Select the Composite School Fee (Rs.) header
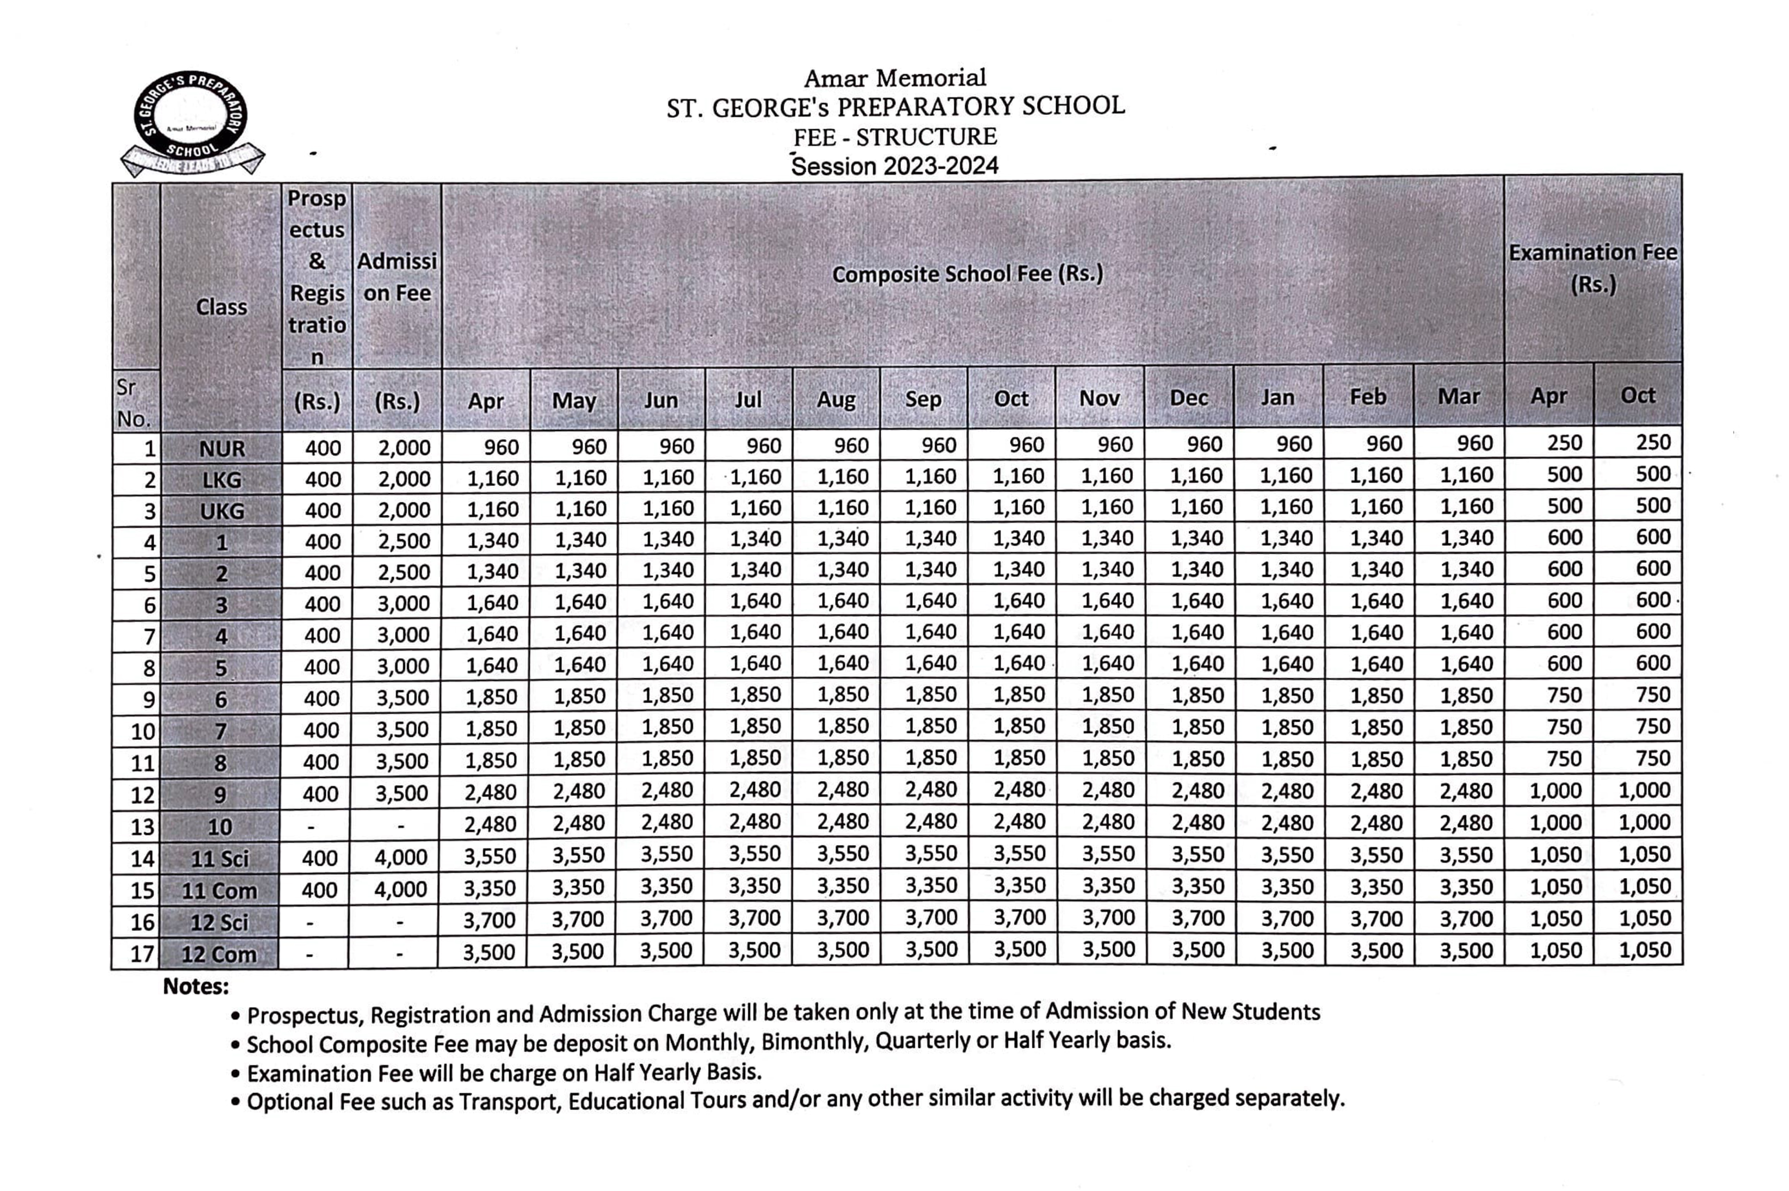pyautogui.click(x=967, y=274)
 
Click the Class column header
pyautogui.click(x=221, y=307)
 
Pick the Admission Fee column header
pyautogui.click(x=396, y=277)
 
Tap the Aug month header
pyautogui.click(x=836, y=400)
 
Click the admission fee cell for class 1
pyautogui.click(x=404, y=541)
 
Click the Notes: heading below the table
pyautogui.click(x=195, y=986)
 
